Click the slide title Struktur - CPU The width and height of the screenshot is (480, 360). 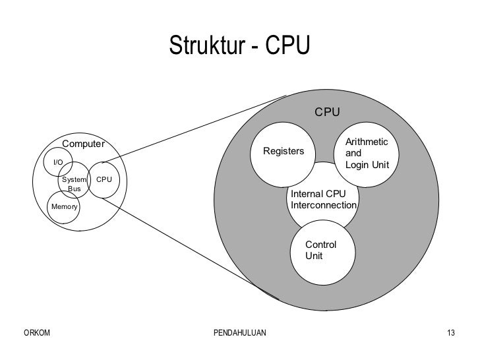239,45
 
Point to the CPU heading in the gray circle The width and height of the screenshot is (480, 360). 327,112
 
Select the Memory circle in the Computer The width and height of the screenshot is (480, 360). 64,207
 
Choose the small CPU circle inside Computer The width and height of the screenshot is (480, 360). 104,179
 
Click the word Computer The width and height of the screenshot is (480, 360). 84,144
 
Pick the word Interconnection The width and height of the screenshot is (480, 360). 324,206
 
